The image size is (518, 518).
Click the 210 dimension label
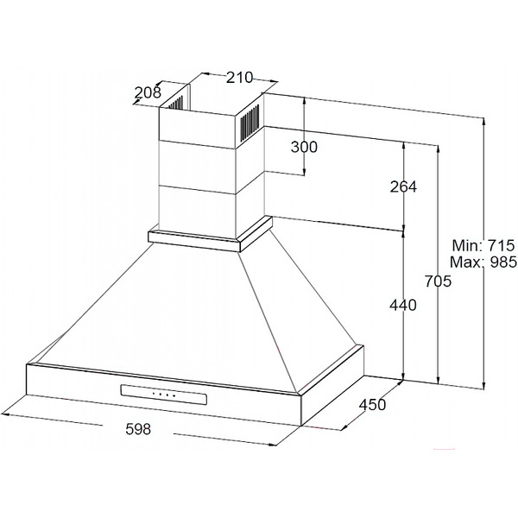[x=239, y=78]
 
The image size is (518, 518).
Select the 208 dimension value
[x=148, y=92]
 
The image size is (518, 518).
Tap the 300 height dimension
[x=304, y=147]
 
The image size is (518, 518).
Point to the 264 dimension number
[x=403, y=186]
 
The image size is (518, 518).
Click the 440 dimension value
[x=403, y=305]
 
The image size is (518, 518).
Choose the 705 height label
[x=438, y=281]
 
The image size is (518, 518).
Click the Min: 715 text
[x=483, y=245]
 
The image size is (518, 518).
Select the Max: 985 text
[x=483, y=262]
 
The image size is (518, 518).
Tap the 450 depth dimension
[x=372, y=405]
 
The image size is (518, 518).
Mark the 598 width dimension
[x=138, y=429]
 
